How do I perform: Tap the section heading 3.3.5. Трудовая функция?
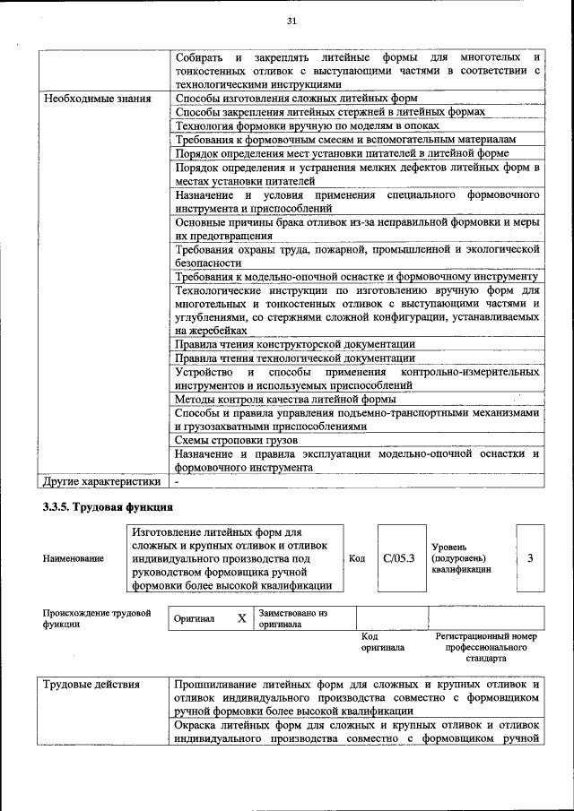tap(100, 507)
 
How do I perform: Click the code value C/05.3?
tap(399, 558)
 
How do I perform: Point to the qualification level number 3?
tap(530, 558)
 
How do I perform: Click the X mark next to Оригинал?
tap(241, 618)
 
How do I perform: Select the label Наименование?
tap(73, 558)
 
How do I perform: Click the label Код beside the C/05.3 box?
tap(356, 558)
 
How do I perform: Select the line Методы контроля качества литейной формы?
tap(286, 399)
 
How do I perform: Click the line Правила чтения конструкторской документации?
tap(295, 344)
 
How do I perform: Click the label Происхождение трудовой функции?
tap(96, 618)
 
